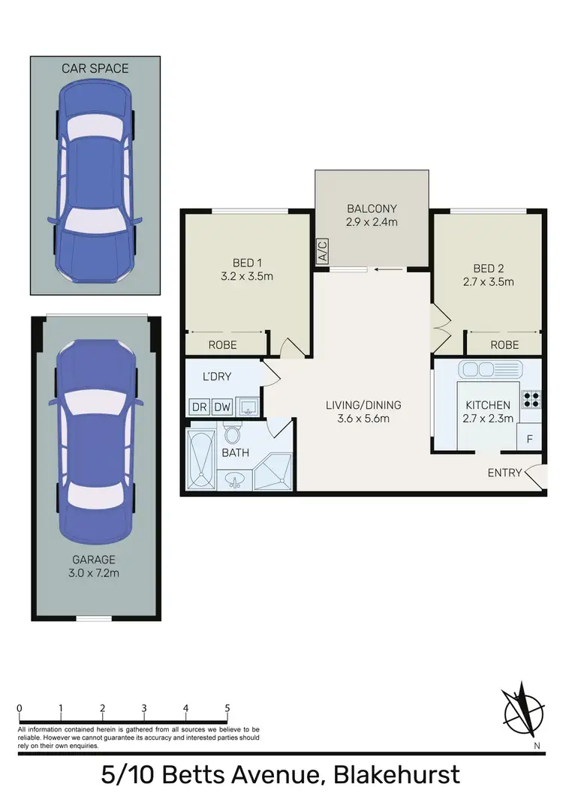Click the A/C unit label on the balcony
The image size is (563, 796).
[323, 251]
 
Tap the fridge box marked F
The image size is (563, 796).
[529, 439]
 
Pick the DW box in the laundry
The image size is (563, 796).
[223, 407]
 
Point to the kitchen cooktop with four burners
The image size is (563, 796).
[531, 398]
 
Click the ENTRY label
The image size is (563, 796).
[504, 472]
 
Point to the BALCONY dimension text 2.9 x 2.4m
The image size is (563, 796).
[372, 222]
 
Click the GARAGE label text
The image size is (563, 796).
[95, 559]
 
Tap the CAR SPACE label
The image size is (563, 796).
[95, 68]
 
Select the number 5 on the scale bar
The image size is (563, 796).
[227, 707]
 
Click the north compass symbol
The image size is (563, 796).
[520, 709]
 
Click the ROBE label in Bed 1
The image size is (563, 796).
[222, 345]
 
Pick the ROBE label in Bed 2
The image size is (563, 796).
[504, 345]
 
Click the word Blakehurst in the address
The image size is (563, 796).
[398, 774]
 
